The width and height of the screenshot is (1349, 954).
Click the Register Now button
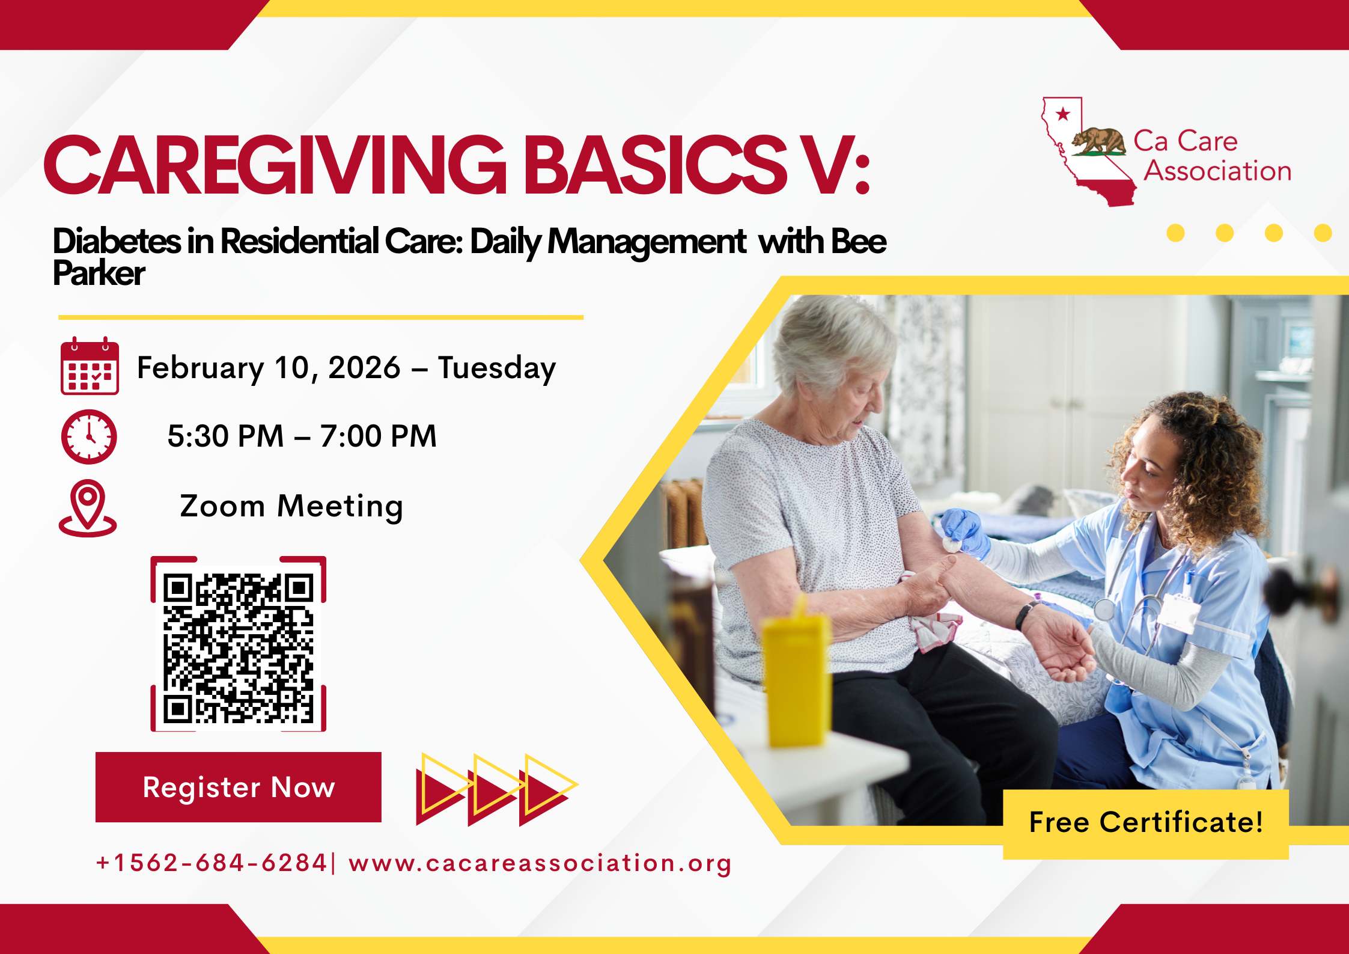(238, 787)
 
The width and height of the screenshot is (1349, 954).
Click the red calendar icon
(90, 366)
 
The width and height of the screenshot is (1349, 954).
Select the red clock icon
(89, 436)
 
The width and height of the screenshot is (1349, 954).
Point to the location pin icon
(88, 507)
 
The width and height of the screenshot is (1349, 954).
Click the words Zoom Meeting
(291, 506)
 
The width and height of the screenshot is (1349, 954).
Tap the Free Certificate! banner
(1145, 823)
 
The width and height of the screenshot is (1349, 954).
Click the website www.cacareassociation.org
(540, 863)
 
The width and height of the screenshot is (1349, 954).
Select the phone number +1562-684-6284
(211, 863)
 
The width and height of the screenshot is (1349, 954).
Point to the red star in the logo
(1063, 114)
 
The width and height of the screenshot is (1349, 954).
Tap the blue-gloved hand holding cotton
(964, 532)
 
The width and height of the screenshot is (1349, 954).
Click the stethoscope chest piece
(1104, 609)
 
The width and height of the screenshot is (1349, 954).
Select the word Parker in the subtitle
(99, 274)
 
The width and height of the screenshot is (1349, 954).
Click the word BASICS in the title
(655, 165)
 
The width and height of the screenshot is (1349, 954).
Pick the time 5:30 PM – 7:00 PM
(302, 436)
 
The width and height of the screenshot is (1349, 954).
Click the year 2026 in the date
(364, 367)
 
